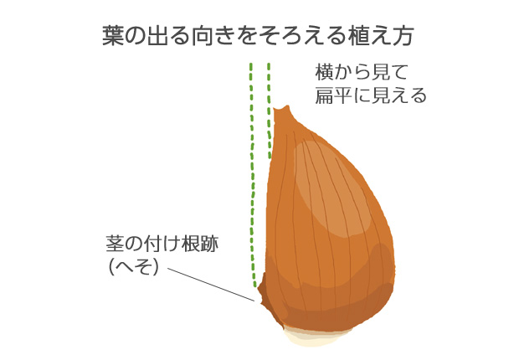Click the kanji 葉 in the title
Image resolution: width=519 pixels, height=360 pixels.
[x=113, y=35]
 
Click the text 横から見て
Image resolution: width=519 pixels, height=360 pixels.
[x=361, y=73]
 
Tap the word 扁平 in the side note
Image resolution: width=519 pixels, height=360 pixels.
[x=333, y=95]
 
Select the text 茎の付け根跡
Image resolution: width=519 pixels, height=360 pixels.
[x=162, y=244]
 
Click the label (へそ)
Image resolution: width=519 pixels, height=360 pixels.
[x=133, y=267]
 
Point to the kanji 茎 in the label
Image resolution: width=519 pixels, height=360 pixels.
[x=115, y=244]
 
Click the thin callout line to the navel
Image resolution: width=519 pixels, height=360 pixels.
[x=211, y=285]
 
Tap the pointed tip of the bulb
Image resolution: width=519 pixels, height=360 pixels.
[x=287, y=107]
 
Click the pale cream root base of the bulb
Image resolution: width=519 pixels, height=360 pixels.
[x=314, y=337]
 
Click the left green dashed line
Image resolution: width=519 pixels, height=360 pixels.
[x=252, y=174]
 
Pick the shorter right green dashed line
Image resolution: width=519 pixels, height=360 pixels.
[x=270, y=111]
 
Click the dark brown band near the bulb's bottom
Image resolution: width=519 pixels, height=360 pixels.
[x=331, y=314]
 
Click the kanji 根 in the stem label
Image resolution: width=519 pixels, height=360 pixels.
[x=190, y=244]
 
